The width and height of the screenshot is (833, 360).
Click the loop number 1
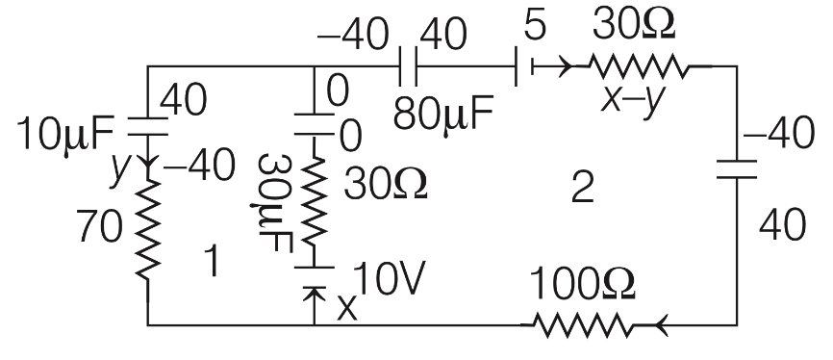(x=215, y=261)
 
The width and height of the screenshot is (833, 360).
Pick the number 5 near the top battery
(x=536, y=26)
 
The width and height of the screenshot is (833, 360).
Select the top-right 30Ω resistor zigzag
(x=639, y=66)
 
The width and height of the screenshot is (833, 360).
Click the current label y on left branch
(x=121, y=169)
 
